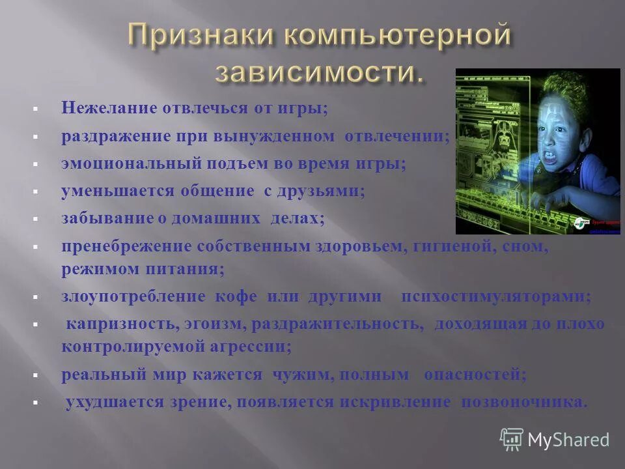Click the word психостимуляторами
click(x=496, y=296)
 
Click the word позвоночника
click(x=524, y=402)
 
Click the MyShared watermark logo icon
click(x=511, y=439)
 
